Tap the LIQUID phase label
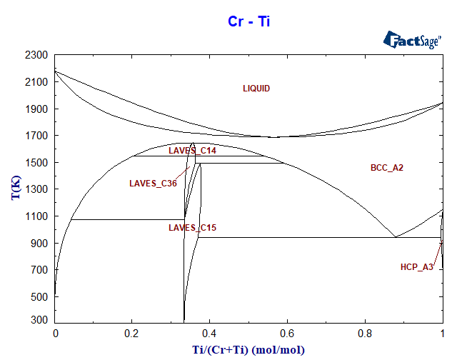pyautogui.click(x=256, y=89)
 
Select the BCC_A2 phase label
pyautogui.click(x=388, y=169)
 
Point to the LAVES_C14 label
pyautogui.click(x=192, y=151)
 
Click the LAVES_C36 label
pyautogui.click(x=153, y=184)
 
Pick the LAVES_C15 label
pyautogui.click(x=192, y=228)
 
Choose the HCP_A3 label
pyautogui.click(x=416, y=267)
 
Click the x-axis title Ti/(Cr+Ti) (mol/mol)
pyautogui.click(x=248, y=349)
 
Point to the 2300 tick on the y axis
pyautogui.click(x=36, y=55)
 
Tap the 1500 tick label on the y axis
pyautogui.click(x=36, y=163)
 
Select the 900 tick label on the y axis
pyautogui.click(x=39, y=244)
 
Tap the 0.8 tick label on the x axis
pyautogui.click(x=365, y=333)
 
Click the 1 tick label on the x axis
pyautogui.click(x=443, y=333)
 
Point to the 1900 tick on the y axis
pyautogui.click(x=36, y=109)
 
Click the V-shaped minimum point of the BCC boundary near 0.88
pyautogui.click(x=395, y=237)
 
